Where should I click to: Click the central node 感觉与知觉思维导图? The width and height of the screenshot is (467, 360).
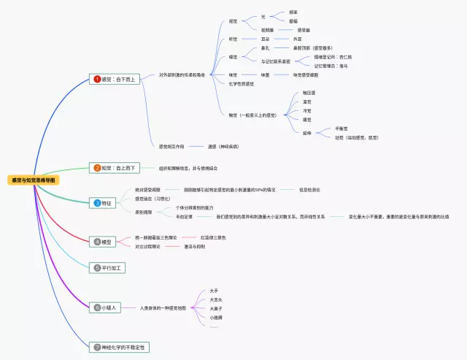pyautogui.click(x=32, y=179)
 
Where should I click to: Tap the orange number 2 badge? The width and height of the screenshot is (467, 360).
pyautogui.click(x=97, y=168)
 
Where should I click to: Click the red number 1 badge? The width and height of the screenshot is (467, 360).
pyautogui.click(x=97, y=78)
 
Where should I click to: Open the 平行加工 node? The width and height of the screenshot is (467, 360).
pyautogui.click(x=109, y=268)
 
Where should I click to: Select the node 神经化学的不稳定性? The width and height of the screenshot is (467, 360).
pyautogui.click(x=120, y=347)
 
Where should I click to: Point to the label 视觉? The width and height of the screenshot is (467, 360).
pyautogui.click(x=233, y=21)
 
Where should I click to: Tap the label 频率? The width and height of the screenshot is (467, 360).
pyautogui.click(x=293, y=12)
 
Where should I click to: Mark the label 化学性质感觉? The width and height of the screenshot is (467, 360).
pyautogui.click(x=242, y=83)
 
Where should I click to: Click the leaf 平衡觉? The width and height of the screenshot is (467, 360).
pyautogui.click(x=341, y=128)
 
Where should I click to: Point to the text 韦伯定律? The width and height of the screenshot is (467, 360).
pyautogui.click(x=184, y=217)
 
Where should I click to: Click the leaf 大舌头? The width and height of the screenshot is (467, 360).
pyautogui.click(x=217, y=299)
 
